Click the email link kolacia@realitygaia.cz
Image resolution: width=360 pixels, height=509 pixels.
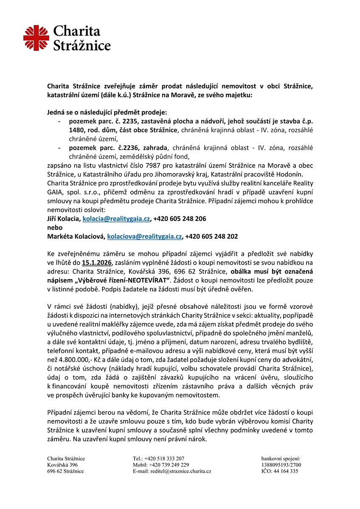tap(116, 219)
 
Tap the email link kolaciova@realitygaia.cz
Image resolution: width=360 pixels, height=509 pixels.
tap(144, 236)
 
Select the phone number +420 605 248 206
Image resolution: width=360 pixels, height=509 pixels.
tap(180, 219)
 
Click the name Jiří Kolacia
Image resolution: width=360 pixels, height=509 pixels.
tap(63, 219)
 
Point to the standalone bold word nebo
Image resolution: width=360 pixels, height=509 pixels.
tap(54, 227)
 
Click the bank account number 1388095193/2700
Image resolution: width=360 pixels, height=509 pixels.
tap(281, 465)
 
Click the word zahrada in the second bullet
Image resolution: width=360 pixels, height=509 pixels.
tap(155, 147)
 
